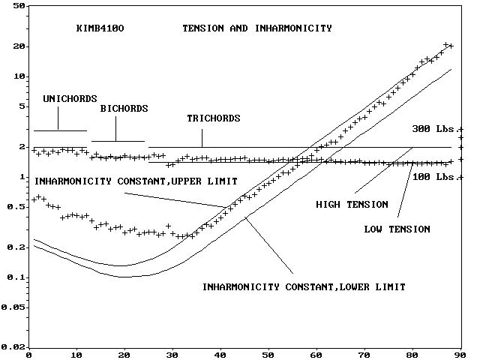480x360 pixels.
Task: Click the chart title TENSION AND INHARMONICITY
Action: point(256,28)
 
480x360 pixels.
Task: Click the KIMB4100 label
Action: point(100,28)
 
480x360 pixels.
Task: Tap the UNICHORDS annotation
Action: point(65,98)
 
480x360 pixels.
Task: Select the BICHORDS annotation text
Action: point(124,109)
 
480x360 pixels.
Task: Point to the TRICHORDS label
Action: point(214,118)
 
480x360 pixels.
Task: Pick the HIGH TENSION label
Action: point(352,204)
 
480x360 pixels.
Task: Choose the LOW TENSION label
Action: point(397,229)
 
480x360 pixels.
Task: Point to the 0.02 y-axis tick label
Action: point(13,347)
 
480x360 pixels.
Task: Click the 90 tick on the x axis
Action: point(460,355)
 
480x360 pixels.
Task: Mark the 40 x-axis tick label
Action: point(220,355)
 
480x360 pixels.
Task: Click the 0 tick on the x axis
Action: point(28,355)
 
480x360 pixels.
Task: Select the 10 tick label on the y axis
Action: point(19,76)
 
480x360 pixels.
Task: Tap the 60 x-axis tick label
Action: point(316,355)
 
